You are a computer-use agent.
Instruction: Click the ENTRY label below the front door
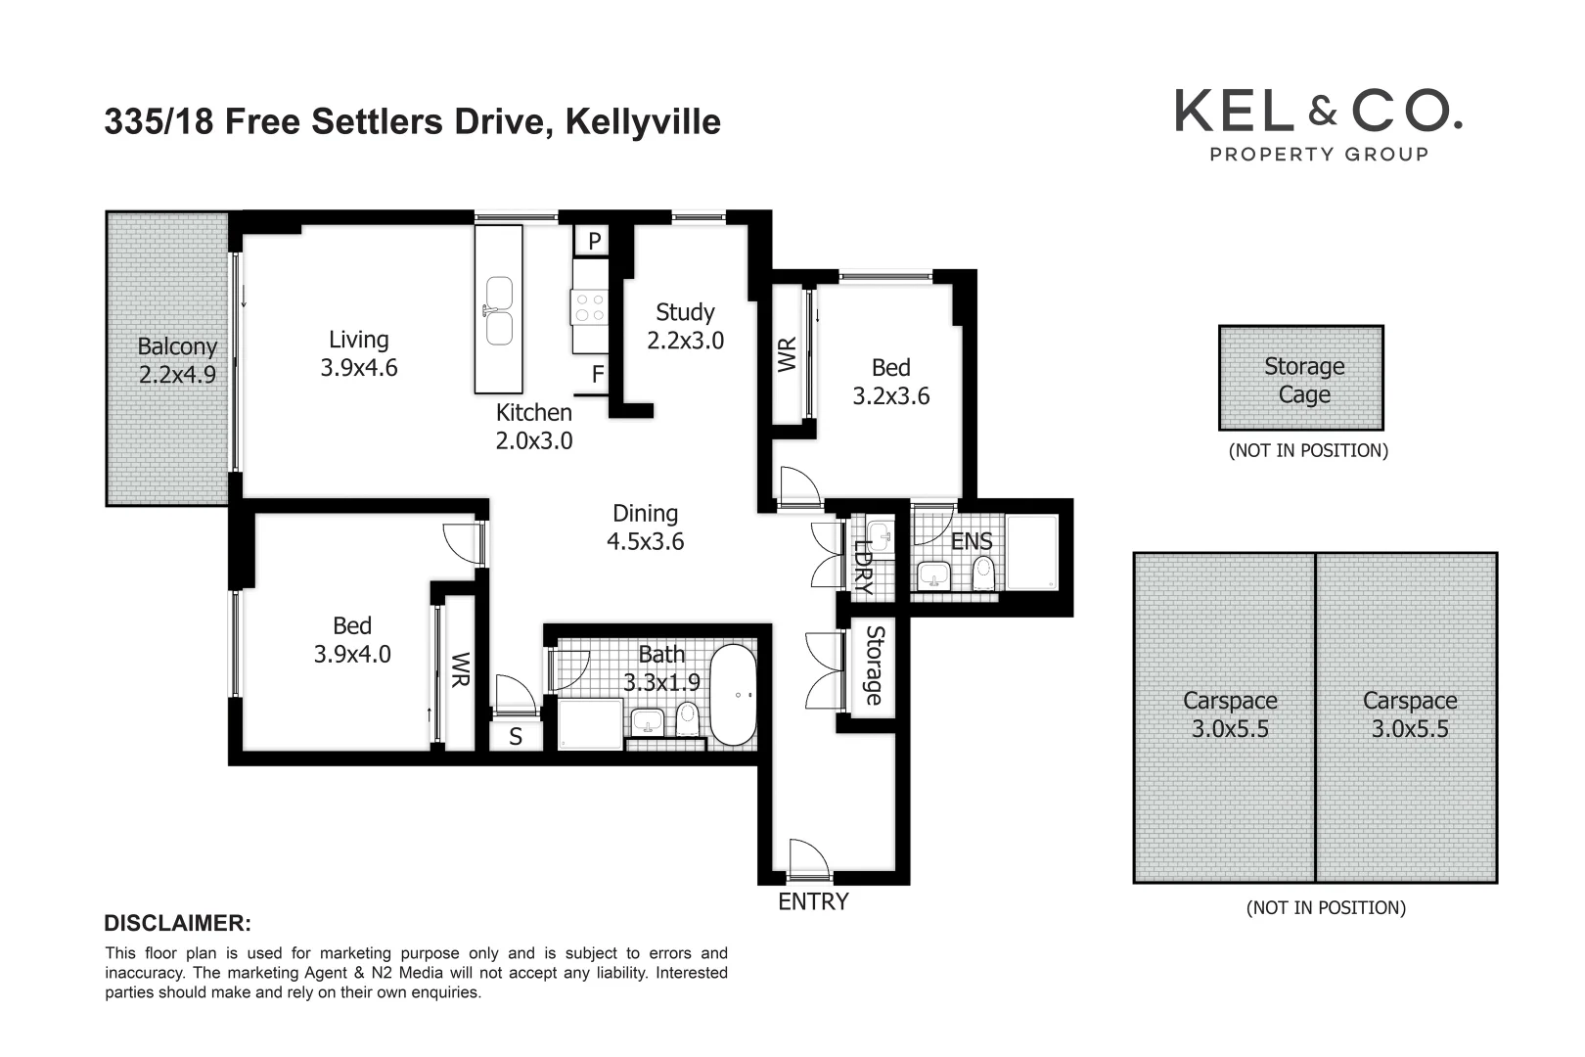pyautogui.click(x=813, y=901)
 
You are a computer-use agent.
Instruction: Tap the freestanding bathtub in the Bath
pyautogui.click(x=733, y=695)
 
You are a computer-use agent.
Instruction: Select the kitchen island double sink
pyautogui.click(x=499, y=311)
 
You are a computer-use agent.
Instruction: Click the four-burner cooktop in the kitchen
pyautogui.click(x=590, y=305)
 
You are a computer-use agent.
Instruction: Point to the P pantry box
pyautogui.click(x=594, y=241)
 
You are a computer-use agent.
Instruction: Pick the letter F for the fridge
pyautogui.click(x=597, y=375)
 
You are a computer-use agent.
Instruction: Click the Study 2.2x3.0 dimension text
pyautogui.click(x=685, y=340)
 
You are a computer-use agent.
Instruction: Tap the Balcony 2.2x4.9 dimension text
pyautogui.click(x=177, y=374)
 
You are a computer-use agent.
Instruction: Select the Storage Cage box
pyautogui.click(x=1300, y=379)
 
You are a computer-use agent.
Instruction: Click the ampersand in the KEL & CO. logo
pyautogui.click(x=1322, y=112)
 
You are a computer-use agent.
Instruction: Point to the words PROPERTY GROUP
pyautogui.click(x=1319, y=154)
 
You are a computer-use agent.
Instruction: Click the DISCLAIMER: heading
pyautogui.click(x=177, y=923)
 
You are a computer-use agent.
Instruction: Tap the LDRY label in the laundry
pyautogui.click(x=863, y=568)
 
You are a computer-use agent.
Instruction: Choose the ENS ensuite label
pyautogui.click(x=972, y=541)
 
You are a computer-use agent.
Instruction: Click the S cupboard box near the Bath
pyautogui.click(x=515, y=737)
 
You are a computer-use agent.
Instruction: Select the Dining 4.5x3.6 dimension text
pyautogui.click(x=645, y=541)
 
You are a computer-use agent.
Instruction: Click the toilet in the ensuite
pyautogui.click(x=983, y=574)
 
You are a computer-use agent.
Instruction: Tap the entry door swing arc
pyautogui.click(x=808, y=857)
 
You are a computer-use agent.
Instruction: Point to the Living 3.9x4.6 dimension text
pyautogui.click(x=359, y=367)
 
